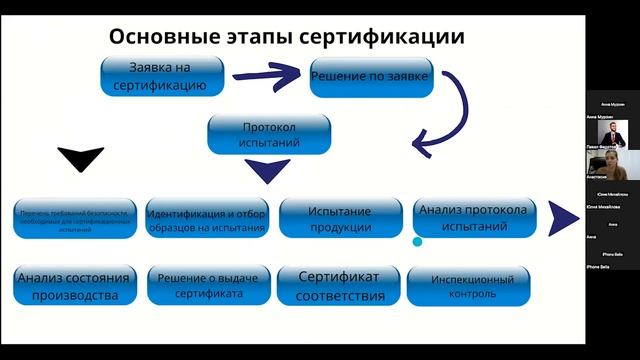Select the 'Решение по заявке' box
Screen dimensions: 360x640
pos(371,77)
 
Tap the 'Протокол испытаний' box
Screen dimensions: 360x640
pos(270,135)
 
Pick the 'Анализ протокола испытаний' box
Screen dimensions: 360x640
pos(475,218)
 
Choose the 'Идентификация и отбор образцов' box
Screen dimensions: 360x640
pos(206,220)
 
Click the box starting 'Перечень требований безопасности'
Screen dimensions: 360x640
pos(74,219)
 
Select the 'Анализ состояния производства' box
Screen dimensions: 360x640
pos(74,287)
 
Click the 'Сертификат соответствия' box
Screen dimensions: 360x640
pos(340,287)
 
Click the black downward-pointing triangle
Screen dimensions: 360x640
pos(81,158)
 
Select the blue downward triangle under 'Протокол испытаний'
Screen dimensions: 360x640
pos(267,171)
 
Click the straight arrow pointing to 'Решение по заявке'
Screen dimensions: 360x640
pos(270,74)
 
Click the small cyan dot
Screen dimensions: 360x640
pos(418,241)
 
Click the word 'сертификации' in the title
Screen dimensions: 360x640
pos(391,37)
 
